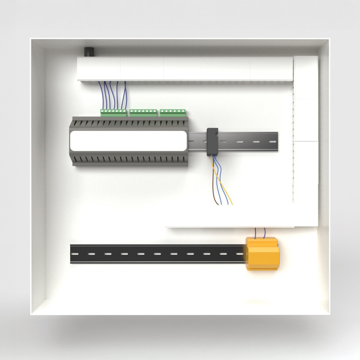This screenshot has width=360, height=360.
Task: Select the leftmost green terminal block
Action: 113,112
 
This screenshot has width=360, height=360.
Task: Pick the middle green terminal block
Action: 143,112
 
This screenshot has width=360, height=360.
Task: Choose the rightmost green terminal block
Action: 172,112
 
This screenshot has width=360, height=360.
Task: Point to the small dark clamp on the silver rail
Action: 211,141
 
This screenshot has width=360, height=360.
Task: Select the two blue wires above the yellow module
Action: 260,232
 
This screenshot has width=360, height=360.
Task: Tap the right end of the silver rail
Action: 276,141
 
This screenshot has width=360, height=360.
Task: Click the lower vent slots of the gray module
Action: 128,160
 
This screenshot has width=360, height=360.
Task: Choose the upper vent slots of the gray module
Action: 128,123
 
